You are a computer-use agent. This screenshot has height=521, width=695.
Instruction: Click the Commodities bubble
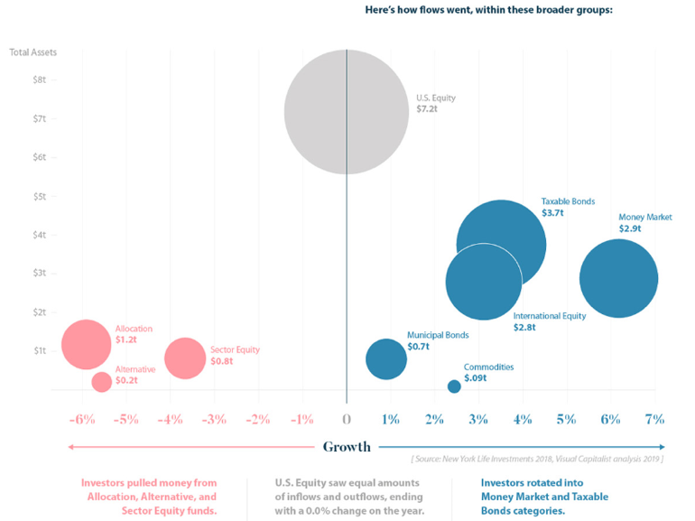pyautogui.click(x=454, y=386)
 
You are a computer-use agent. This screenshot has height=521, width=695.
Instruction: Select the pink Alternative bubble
pyautogui.click(x=101, y=381)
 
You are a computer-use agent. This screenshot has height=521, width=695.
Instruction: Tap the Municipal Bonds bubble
pyautogui.click(x=386, y=359)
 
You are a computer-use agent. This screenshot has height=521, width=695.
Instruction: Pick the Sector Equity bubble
pyautogui.click(x=185, y=358)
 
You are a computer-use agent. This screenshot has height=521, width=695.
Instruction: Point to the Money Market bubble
pyautogui.click(x=618, y=278)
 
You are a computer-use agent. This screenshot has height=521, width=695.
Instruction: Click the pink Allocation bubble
pyautogui.click(x=87, y=344)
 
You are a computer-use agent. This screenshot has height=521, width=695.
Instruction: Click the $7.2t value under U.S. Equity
pyautogui.click(x=427, y=108)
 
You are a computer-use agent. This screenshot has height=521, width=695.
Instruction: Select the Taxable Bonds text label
pyautogui.click(x=568, y=200)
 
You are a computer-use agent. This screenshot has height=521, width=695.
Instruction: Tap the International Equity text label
pyautogui.click(x=550, y=316)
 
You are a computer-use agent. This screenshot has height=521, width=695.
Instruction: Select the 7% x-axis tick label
pyautogui.click(x=654, y=419)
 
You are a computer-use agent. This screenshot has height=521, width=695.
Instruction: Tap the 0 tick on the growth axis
pyautogui.click(x=347, y=419)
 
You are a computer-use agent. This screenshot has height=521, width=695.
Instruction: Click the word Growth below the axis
pyautogui.click(x=347, y=447)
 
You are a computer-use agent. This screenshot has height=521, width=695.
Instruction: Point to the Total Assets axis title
pyautogui.click(x=33, y=52)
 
